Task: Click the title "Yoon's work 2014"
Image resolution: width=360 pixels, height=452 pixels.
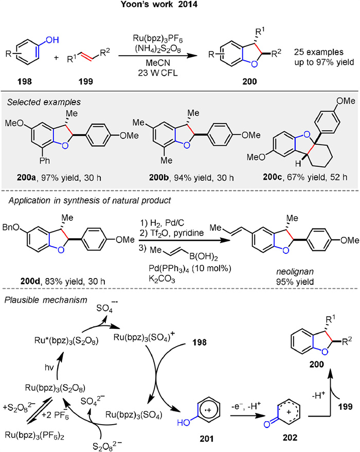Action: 179,7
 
